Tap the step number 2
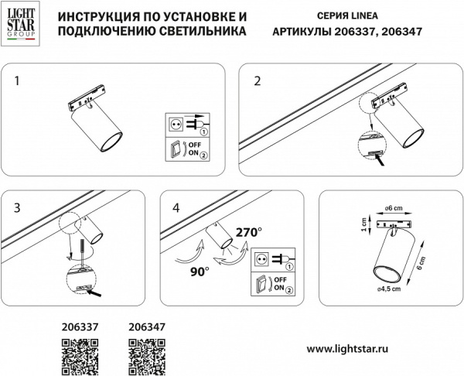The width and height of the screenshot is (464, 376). pyautogui.click(x=258, y=80)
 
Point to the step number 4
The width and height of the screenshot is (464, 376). pyautogui.click(x=176, y=208)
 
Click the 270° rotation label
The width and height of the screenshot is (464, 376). pyautogui.click(x=249, y=231)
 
